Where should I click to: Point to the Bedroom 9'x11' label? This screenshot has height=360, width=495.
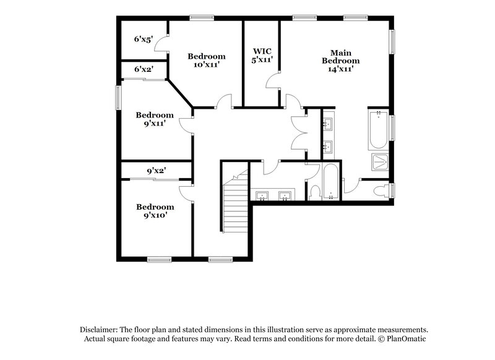click(x=155, y=119)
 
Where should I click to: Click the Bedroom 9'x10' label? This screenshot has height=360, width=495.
click(x=155, y=211)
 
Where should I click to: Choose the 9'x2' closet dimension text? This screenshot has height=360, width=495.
click(x=155, y=169)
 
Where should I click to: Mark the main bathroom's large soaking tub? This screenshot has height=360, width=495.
click(x=378, y=131)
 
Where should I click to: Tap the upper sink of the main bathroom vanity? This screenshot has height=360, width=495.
click(x=327, y=123)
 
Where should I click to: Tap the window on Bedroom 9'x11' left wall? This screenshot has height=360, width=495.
click(x=118, y=98)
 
